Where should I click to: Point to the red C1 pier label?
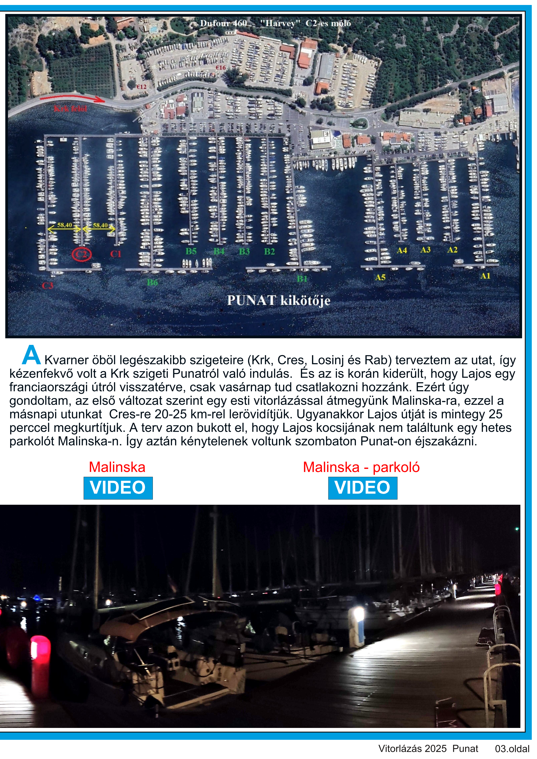point(116,254)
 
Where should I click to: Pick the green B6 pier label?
point(152,282)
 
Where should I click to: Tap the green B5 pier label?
point(191,251)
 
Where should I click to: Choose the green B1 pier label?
point(302,279)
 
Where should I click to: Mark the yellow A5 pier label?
point(380,277)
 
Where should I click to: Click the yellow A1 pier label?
point(485,276)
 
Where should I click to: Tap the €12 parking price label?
point(141,87)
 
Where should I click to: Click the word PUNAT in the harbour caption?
point(251,300)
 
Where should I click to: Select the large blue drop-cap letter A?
point(31,355)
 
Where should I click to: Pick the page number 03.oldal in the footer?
point(512,748)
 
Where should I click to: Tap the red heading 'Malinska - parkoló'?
point(361,467)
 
